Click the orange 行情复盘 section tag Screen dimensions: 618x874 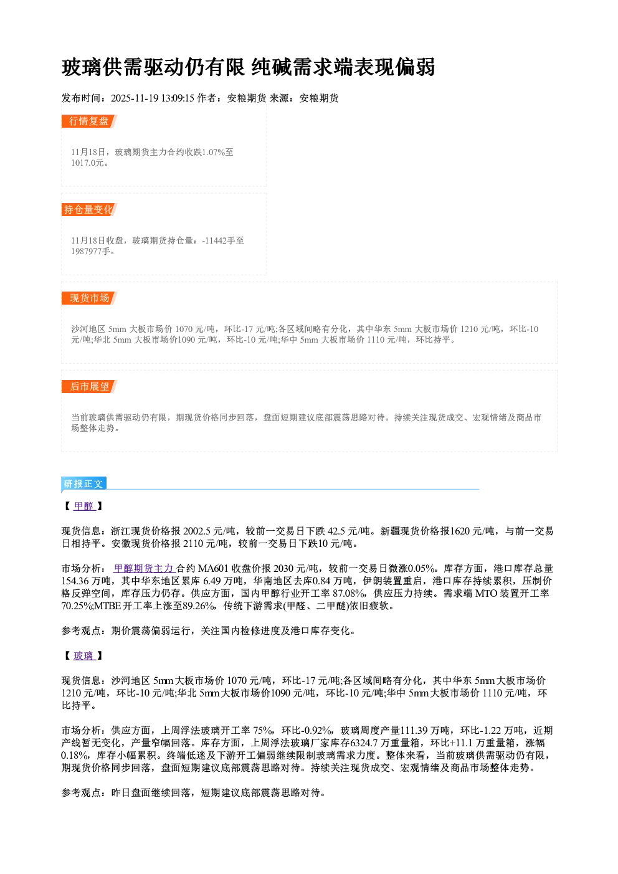[x=89, y=121]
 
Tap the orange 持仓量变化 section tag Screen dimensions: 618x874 [x=89, y=209]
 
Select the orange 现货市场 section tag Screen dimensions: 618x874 [x=89, y=298]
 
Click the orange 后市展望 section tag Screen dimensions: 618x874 [x=89, y=387]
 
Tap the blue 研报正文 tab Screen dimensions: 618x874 [x=83, y=484]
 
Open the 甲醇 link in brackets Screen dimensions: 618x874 [x=83, y=506]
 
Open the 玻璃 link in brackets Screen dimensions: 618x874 [x=83, y=655]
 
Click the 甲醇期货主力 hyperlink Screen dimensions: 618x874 [x=143, y=568]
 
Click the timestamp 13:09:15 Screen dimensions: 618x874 [x=178, y=98]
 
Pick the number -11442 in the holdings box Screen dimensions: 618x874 [x=214, y=240]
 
